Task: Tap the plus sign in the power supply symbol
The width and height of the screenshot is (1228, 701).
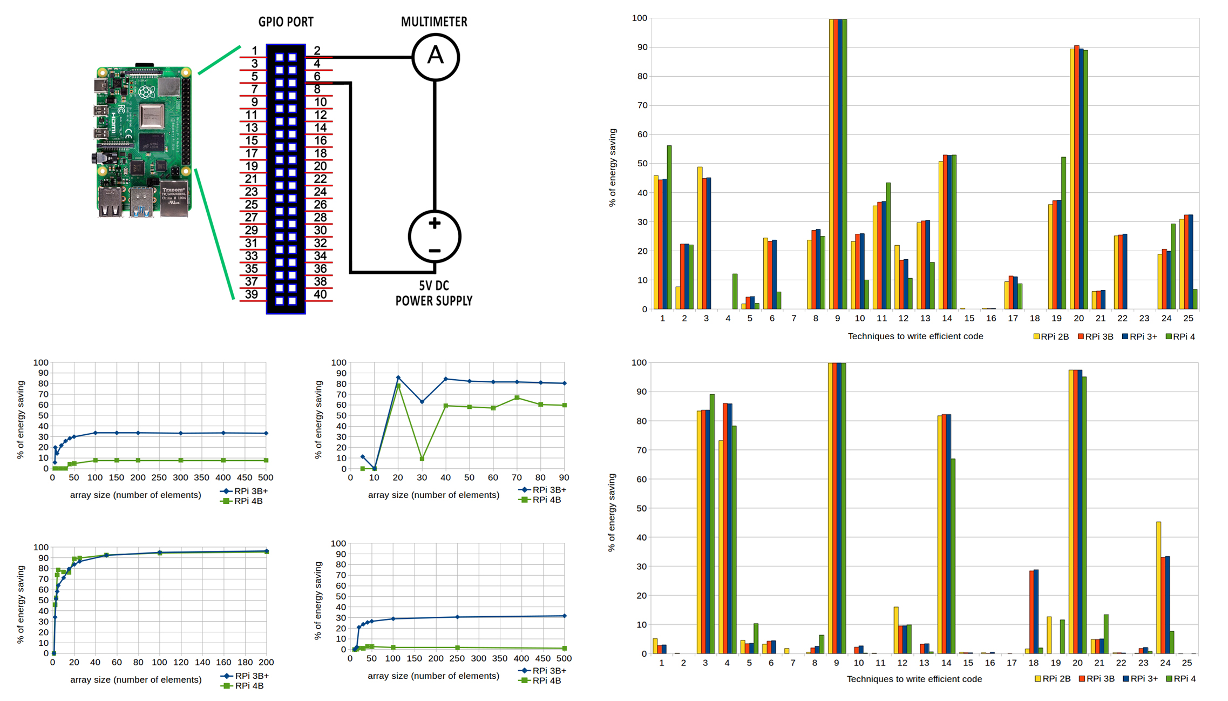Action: [x=435, y=223]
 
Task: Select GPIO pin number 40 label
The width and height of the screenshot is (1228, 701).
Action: [x=320, y=294]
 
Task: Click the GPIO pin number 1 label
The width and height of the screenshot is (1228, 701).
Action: [x=254, y=51]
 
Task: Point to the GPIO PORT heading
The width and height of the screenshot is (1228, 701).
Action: [x=286, y=22]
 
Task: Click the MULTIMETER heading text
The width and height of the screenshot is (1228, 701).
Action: [x=434, y=22]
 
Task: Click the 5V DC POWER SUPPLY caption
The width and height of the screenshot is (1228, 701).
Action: [x=434, y=293]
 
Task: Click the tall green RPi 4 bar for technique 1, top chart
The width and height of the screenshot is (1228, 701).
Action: [x=669, y=227]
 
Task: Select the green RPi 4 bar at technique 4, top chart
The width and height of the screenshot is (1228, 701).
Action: [x=735, y=292]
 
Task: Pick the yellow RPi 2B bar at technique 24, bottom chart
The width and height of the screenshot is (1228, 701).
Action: [x=1159, y=588]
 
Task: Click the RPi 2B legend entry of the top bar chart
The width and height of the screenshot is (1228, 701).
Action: [x=1051, y=336]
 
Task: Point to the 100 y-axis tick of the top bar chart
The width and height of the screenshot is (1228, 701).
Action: [x=639, y=18]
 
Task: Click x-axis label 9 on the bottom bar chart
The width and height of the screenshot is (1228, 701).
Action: [x=836, y=663]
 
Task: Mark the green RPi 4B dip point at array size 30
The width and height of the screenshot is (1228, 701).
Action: [x=422, y=459]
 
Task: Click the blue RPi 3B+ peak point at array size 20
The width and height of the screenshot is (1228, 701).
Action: [x=398, y=378]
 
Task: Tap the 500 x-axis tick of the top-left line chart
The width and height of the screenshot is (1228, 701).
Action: [x=266, y=477]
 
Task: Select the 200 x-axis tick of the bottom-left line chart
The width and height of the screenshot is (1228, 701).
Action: [x=266, y=662]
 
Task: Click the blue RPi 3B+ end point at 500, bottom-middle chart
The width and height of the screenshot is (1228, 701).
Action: [x=565, y=616]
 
